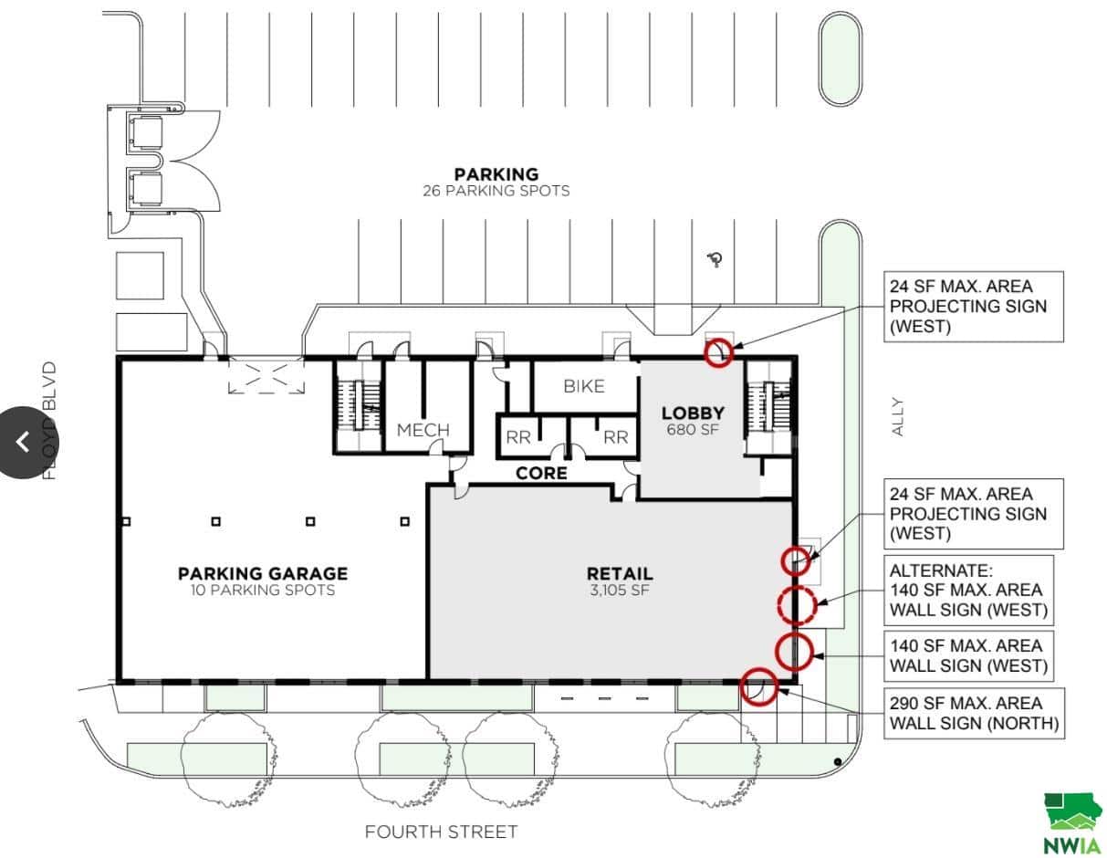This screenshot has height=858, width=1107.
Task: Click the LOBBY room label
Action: pyautogui.click(x=693, y=413)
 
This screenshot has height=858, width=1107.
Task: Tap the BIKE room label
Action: pyautogui.click(x=584, y=386)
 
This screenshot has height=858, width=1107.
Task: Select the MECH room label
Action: pyautogui.click(x=423, y=430)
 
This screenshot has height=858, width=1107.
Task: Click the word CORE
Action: pyautogui.click(x=541, y=473)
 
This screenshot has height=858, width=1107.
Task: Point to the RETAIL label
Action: pyautogui.click(x=620, y=573)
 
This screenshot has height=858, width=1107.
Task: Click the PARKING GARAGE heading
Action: pyautogui.click(x=263, y=573)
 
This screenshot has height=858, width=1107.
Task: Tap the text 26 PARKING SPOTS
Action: pyautogui.click(x=496, y=191)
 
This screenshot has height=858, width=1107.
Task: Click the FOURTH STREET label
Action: pyautogui.click(x=441, y=832)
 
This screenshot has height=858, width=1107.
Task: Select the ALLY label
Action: pyautogui.click(x=897, y=416)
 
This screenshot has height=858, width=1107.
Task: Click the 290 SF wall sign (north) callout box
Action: pyautogui.click(x=974, y=713)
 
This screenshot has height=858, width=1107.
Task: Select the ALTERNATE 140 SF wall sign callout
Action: pyautogui.click(x=968, y=590)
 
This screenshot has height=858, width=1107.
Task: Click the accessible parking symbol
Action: pyautogui.click(x=715, y=259)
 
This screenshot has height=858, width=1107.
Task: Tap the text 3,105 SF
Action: pyautogui.click(x=620, y=590)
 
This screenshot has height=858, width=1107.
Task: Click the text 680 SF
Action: pyautogui.click(x=693, y=429)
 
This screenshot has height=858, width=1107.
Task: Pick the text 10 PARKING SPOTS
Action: pyautogui.click(x=263, y=590)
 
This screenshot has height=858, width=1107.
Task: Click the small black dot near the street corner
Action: pyautogui.click(x=838, y=762)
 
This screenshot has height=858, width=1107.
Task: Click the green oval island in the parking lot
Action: pyautogui.click(x=840, y=58)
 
